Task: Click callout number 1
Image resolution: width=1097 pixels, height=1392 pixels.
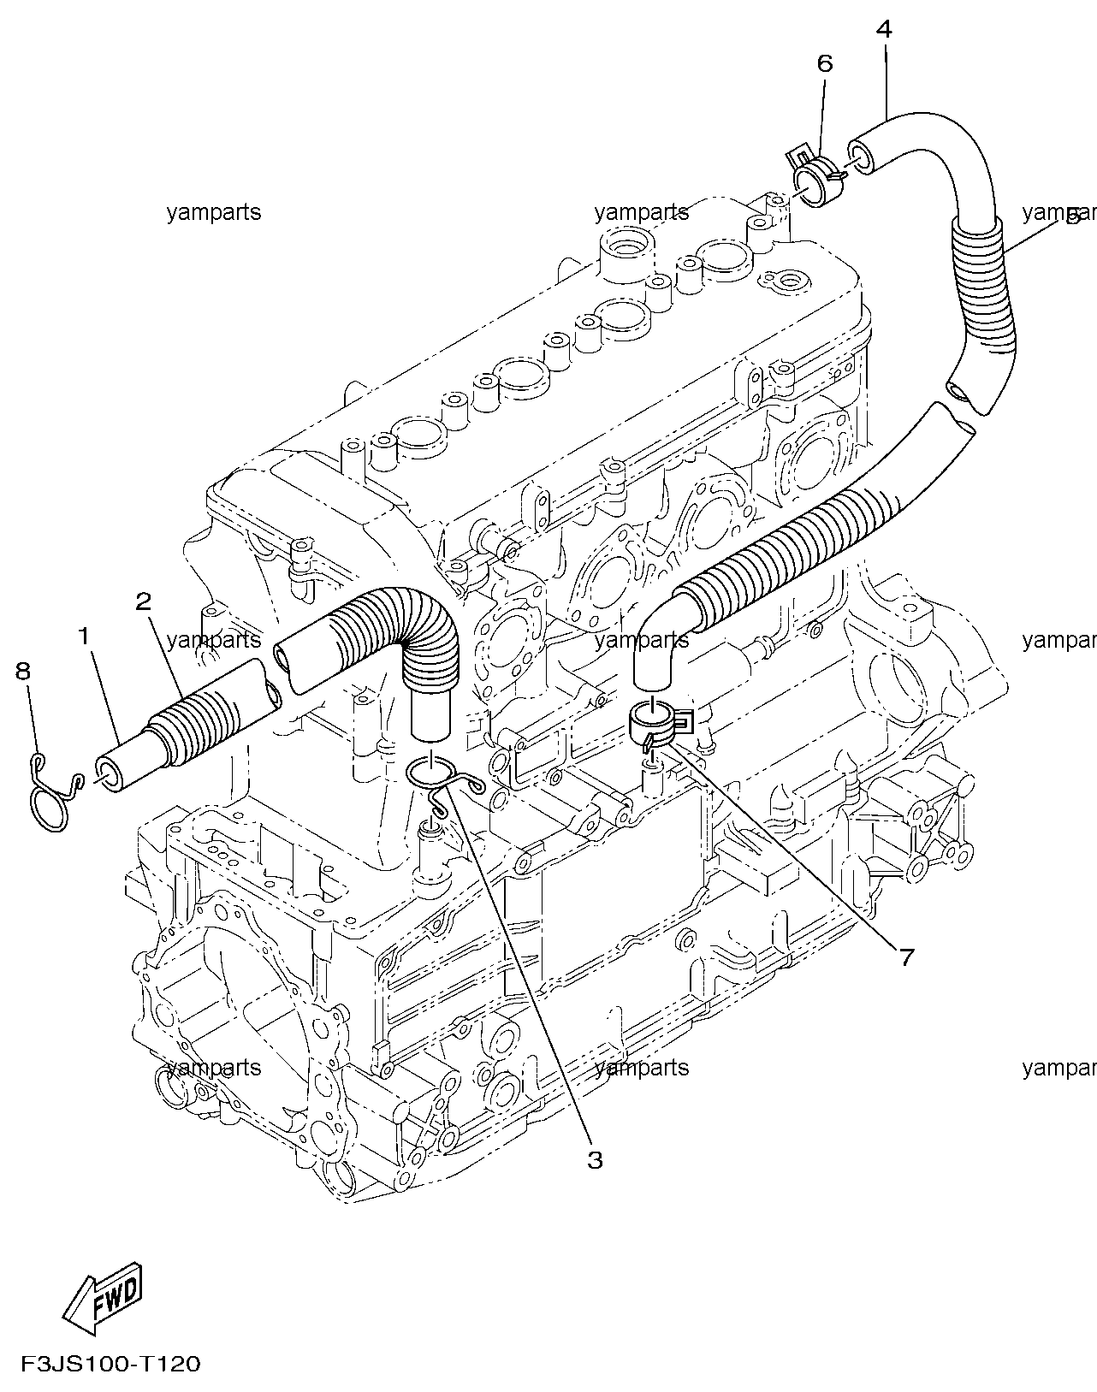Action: pyautogui.click(x=84, y=637)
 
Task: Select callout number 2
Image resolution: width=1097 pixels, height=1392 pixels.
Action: pyautogui.click(x=143, y=602)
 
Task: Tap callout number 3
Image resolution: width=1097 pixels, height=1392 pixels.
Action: pyautogui.click(x=594, y=1160)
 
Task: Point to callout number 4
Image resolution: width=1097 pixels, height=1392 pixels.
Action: pyautogui.click(x=884, y=29)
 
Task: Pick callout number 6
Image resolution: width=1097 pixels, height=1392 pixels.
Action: pyautogui.click(x=825, y=63)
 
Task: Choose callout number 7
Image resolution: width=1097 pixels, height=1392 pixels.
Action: pyautogui.click(x=906, y=957)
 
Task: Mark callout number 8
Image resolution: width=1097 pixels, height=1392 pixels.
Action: pyautogui.click(x=23, y=671)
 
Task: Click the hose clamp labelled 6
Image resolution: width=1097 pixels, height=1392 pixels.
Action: pyautogui.click(x=817, y=177)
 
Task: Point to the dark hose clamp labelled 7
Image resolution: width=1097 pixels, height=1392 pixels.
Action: pyautogui.click(x=657, y=724)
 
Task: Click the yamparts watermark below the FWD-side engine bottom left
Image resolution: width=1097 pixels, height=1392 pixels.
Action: pyautogui.click(x=214, y=1068)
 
